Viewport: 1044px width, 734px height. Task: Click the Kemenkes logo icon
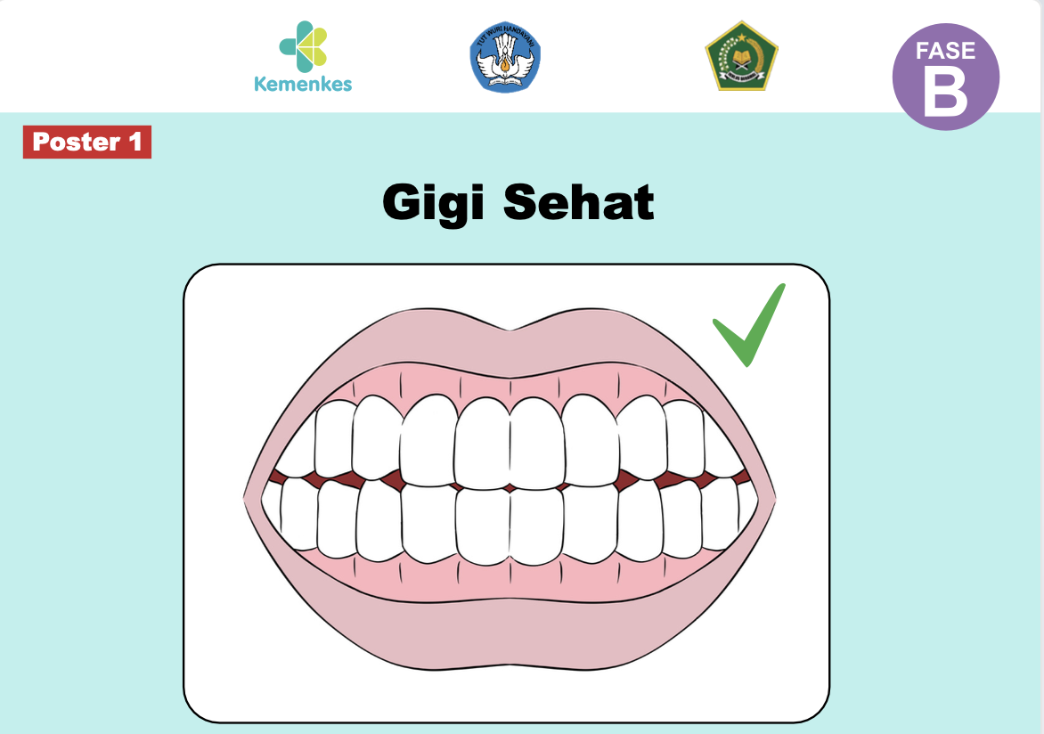(x=303, y=47)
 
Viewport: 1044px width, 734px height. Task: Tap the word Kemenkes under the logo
(x=303, y=85)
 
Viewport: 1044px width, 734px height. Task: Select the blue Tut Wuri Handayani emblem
(x=505, y=56)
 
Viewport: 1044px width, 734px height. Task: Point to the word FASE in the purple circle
(x=946, y=50)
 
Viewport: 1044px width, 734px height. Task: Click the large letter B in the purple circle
(x=945, y=93)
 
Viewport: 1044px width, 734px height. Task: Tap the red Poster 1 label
(x=87, y=143)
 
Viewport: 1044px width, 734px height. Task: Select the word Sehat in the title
(x=579, y=203)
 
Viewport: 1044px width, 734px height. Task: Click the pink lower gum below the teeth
(x=508, y=579)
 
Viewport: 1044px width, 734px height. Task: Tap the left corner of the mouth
(x=249, y=495)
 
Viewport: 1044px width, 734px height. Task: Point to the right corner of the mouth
(x=771, y=495)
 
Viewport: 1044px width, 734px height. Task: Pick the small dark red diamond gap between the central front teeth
(x=510, y=488)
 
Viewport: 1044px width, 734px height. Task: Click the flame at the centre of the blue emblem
(x=505, y=63)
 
